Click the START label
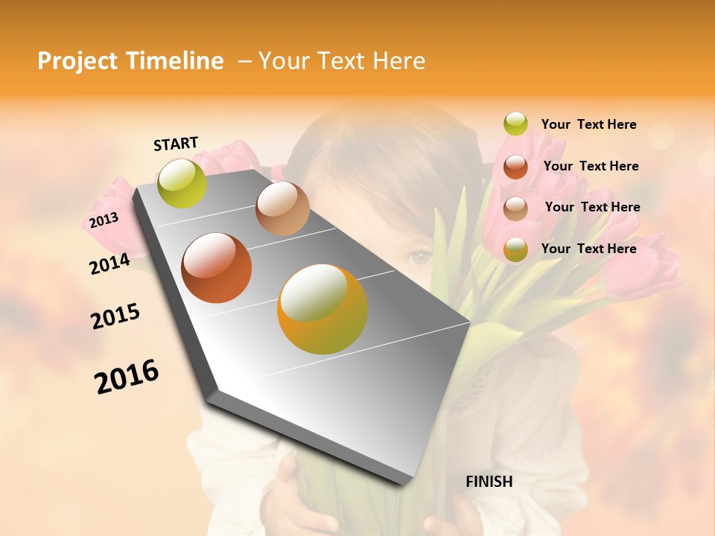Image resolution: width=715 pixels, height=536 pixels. [x=176, y=144]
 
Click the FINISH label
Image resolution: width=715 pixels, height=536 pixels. [x=489, y=482]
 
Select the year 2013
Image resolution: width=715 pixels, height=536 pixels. [x=104, y=220]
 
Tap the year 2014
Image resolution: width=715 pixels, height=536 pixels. [x=109, y=264]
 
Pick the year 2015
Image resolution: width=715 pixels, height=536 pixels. [x=115, y=316]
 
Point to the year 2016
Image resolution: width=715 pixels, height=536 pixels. [x=127, y=377]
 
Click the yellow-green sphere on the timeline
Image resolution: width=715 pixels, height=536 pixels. [x=182, y=183]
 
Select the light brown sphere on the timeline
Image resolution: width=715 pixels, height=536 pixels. [x=282, y=208]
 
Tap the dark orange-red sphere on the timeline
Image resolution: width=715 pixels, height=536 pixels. [x=217, y=268]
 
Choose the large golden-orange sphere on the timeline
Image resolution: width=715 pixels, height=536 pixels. [x=322, y=309]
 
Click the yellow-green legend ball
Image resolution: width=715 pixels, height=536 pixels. [x=515, y=124]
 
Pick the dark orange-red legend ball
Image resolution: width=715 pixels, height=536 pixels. [x=515, y=166]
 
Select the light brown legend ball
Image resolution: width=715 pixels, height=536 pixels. [x=515, y=208]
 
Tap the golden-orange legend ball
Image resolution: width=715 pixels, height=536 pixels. [x=515, y=249]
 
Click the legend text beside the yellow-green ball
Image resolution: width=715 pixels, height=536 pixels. [x=588, y=124]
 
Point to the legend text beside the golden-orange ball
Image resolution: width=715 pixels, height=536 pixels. [x=588, y=249]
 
